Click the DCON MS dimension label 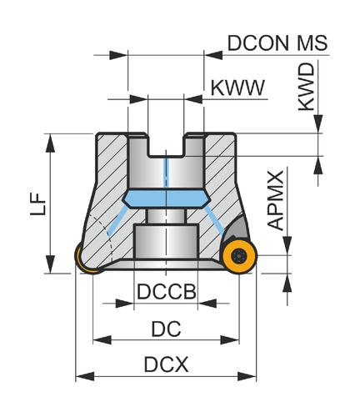point(277,43)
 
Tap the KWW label point(237,88)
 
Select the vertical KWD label point(307,87)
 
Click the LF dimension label point(37,203)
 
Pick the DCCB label point(167,291)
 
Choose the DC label point(166,329)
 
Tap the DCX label point(166,364)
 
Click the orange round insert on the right point(239,255)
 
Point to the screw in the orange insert point(239,255)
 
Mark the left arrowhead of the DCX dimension point(85,377)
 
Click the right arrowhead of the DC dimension point(229,339)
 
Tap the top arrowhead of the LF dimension point(50,143)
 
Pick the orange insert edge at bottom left point(86,260)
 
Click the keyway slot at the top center point(166,145)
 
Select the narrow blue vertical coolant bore point(166,173)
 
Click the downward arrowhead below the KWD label point(318,124)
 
